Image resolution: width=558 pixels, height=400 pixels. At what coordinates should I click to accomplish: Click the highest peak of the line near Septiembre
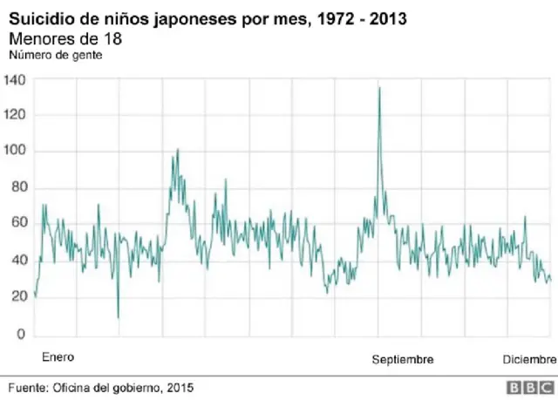(378, 87)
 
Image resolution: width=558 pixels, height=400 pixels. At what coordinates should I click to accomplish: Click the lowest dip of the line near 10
(118, 317)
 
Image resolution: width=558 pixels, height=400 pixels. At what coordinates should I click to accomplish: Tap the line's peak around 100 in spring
(177, 150)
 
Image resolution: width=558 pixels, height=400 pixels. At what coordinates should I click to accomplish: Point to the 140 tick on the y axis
(16, 79)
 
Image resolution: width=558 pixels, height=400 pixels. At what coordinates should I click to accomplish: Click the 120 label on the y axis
(16, 115)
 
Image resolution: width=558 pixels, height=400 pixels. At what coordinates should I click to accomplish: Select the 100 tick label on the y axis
(16, 152)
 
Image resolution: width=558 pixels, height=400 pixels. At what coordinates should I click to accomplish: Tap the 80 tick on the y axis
(18, 188)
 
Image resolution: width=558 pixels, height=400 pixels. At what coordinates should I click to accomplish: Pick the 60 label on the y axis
(18, 225)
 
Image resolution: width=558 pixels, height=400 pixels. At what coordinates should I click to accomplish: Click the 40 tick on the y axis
(18, 261)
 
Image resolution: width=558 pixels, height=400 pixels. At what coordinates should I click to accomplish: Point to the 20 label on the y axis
(18, 298)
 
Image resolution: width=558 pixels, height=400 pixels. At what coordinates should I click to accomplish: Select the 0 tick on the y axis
(22, 335)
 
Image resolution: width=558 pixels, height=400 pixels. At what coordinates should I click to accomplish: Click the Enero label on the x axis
(58, 357)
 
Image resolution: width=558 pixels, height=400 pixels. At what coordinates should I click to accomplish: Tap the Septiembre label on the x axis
(402, 360)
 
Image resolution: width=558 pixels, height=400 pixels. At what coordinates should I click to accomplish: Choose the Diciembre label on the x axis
(528, 360)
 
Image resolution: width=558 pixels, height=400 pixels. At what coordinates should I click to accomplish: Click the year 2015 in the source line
(180, 387)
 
